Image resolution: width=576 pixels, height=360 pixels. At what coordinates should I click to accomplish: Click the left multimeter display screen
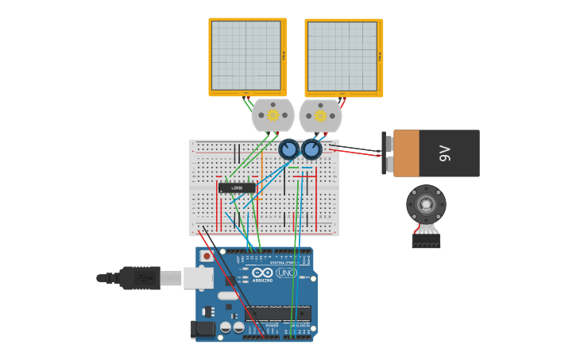tap(246, 56)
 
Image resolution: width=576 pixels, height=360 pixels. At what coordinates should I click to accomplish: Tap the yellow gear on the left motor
tap(273, 115)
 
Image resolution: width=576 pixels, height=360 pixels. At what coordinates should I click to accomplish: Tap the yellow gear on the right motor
tap(320, 116)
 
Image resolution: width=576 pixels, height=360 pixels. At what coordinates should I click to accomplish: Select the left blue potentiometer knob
tap(288, 149)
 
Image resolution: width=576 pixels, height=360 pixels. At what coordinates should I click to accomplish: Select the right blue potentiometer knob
tap(311, 149)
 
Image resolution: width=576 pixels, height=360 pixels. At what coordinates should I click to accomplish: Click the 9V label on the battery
tap(445, 153)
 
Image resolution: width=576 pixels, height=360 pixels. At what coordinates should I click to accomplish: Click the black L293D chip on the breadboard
tap(237, 188)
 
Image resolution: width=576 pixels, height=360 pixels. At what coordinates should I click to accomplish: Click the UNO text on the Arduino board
tap(286, 273)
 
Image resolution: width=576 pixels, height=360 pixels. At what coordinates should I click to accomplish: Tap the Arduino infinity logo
tap(261, 273)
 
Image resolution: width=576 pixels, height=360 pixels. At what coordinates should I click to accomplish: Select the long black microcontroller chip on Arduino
tap(277, 313)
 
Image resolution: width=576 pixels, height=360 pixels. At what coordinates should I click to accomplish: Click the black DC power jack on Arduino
tap(203, 328)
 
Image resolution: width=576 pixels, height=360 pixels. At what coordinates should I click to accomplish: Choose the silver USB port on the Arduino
tap(198, 277)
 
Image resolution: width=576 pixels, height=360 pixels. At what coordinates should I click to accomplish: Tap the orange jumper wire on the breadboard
tap(261, 171)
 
